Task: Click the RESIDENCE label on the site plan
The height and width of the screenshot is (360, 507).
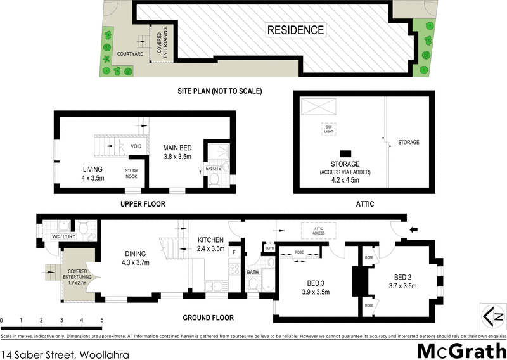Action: tap(295, 30)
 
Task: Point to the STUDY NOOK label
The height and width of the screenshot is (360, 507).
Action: tap(132, 174)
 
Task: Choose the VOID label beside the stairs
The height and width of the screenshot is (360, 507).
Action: tap(136, 146)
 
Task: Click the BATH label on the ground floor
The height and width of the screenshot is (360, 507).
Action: tap(253, 272)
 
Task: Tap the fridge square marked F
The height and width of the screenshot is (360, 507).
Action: tap(234, 252)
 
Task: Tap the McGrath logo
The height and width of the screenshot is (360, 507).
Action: tap(461, 350)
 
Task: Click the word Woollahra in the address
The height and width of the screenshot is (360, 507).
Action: tap(103, 355)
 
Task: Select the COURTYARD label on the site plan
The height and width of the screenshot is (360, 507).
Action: tap(130, 55)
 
